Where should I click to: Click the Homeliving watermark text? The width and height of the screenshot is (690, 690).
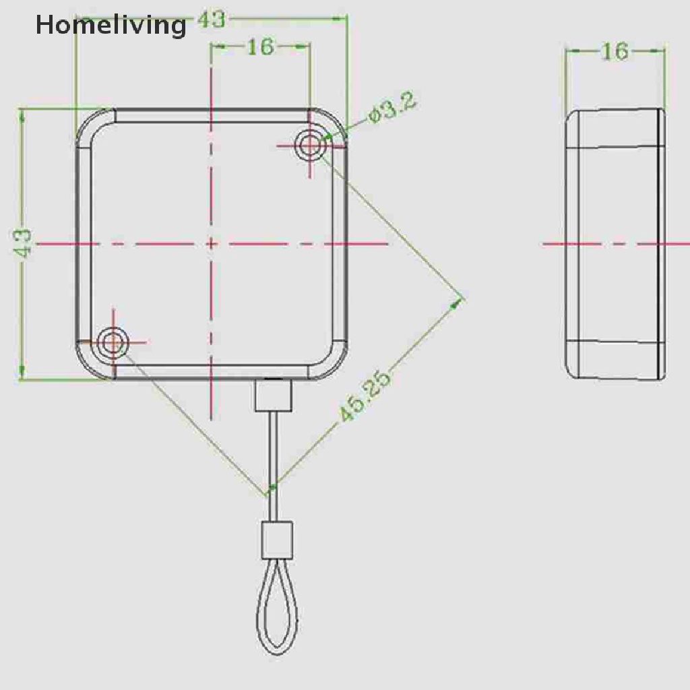point(111,26)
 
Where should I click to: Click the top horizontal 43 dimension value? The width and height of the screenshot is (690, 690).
point(212,20)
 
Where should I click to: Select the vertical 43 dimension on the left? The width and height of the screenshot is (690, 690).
point(23,243)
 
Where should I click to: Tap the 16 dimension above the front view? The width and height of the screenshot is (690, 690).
point(260,46)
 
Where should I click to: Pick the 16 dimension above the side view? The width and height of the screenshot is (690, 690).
point(614,51)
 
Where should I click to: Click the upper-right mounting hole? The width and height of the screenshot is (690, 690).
point(310,145)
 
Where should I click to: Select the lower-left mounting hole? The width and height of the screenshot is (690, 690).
point(113,343)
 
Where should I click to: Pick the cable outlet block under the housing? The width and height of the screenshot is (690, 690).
point(273,396)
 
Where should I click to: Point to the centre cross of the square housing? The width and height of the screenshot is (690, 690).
point(212,243)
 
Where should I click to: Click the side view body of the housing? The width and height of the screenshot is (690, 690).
point(615,243)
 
